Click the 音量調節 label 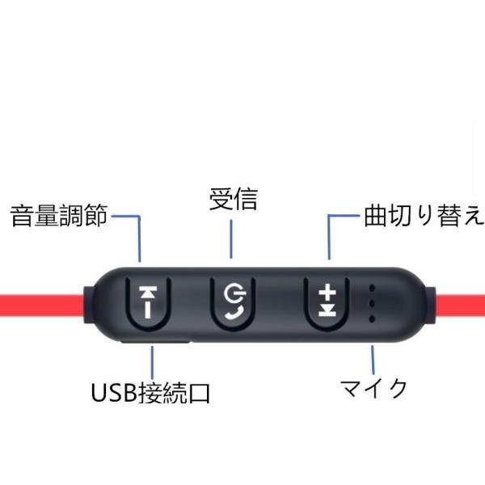point(58,217)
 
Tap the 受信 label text point(233,199)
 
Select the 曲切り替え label point(424,217)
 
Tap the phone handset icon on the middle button point(235,310)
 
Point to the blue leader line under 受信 point(233,238)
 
